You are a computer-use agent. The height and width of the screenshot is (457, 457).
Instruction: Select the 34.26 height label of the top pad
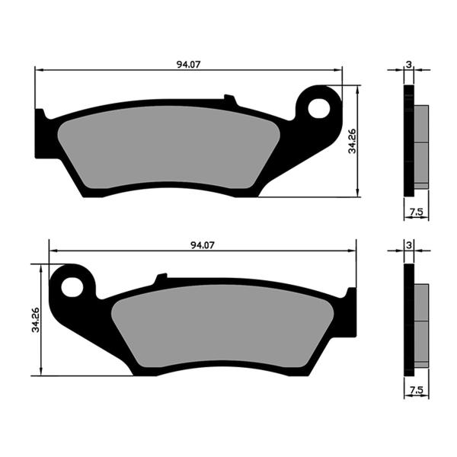pyautogui.click(x=353, y=140)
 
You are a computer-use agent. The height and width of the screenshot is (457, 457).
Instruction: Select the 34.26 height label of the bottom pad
pyautogui.click(x=35, y=320)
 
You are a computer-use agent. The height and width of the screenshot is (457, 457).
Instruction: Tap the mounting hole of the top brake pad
pyautogui.click(x=319, y=107)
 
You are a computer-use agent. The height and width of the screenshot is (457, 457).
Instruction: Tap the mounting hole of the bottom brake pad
pyautogui.click(x=72, y=287)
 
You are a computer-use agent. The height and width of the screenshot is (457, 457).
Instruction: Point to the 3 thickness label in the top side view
pyautogui.click(x=409, y=63)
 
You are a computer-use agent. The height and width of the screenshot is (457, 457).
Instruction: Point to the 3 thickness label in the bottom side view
pyautogui.click(x=409, y=244)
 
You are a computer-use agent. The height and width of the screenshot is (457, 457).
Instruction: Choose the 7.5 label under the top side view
pyautogui.click(x=416, y=210)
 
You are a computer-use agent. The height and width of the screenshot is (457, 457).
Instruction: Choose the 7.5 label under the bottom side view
pyautogui.click(x=416, y=390)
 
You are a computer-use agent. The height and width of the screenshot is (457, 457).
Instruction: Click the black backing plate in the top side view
pyautogui.click(x=408, y=141)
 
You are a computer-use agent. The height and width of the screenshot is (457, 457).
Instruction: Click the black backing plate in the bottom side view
pyautogui.click(x=408, y=320)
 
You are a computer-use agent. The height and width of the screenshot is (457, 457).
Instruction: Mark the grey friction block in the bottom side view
pyautogui.click(x=421, y=323)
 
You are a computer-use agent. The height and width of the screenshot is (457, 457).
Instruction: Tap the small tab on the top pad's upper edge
pyautogui.click(x=229, y=99)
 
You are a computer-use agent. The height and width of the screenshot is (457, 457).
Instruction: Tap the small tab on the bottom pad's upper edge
pyautogui.click(x=161, y=279)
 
